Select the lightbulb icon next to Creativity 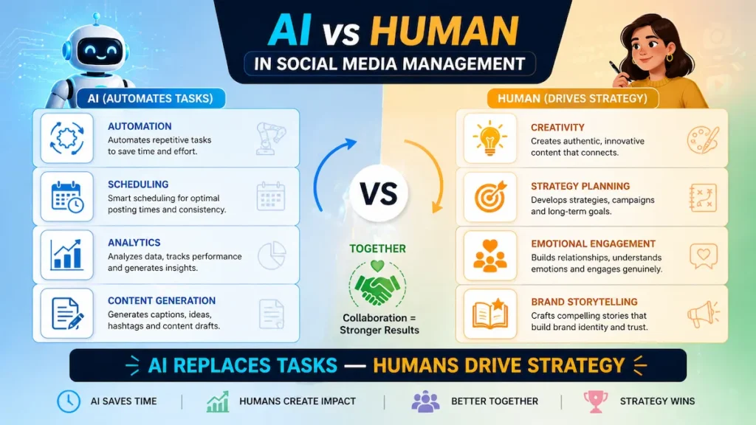point(490,138)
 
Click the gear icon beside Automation point(67,138)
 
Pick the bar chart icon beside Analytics point(67,255)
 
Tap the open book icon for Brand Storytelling point(490,313)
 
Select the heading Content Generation point(161,301)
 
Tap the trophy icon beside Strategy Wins point(595,401)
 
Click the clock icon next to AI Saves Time point(68,401)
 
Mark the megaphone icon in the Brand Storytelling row point(702,314)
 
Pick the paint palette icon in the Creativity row point(702,138)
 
